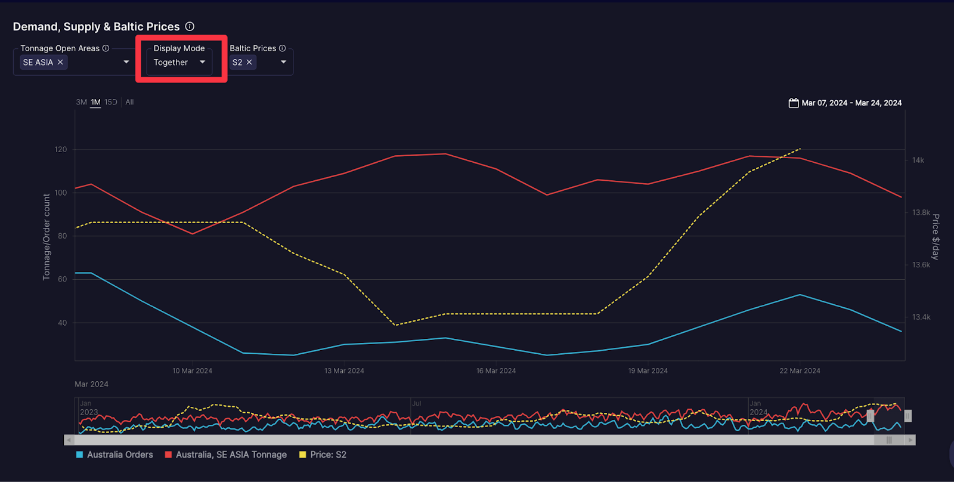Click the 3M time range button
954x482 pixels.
pos(81,102)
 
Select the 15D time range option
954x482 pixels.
pos(111,102)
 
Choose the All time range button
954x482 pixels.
pos(129,102)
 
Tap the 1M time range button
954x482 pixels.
pos(95,102)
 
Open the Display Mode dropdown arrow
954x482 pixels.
pos(202,62)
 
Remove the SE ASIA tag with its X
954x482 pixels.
pos(60,62)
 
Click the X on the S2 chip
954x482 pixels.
pos(249,62)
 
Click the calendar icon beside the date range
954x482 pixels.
pos(794,103)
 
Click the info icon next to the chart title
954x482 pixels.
pos(190,26)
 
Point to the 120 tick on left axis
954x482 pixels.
pos(61,149)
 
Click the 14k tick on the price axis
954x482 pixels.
pos(918,160)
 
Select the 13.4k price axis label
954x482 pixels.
pos(921,317)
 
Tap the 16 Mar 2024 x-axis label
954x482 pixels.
pos(496,370)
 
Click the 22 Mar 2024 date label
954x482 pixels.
pos(800,370)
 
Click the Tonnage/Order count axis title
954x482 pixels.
pos(47,237)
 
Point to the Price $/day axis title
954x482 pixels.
pos(936,237)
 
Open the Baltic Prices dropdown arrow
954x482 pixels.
pos(283,62)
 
